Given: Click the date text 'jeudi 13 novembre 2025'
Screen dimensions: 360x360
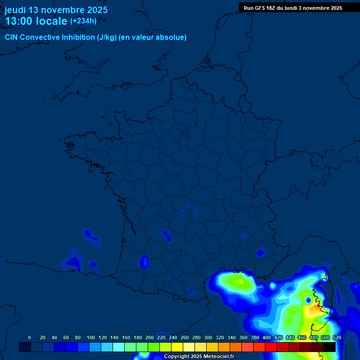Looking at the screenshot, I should click(56, 10).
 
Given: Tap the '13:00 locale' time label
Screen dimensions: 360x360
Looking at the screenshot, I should click(36, 21).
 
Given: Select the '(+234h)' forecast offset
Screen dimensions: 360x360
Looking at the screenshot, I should click(83, 21).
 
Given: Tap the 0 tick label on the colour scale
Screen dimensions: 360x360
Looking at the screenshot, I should click(30, 337).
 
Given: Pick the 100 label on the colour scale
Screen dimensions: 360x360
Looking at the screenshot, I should click(91, 337).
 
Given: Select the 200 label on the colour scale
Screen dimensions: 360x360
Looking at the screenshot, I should click(150, 337).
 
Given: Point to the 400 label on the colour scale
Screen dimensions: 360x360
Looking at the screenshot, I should click(267, 337).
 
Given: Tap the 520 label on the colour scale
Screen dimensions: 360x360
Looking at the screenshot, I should click(337, 337).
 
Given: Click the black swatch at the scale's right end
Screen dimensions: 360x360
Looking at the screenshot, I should click(330, 347).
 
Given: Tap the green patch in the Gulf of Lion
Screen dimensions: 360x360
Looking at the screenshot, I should click(240, 282).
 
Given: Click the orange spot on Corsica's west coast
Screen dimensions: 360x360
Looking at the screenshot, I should click(313, 309).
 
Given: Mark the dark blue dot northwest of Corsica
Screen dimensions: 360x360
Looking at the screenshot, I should click(308, 299).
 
